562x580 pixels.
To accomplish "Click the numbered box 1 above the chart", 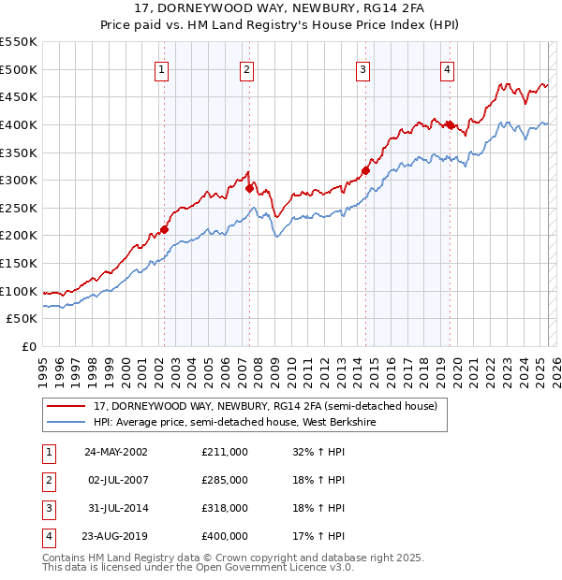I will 162,69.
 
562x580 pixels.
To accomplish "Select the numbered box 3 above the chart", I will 362,69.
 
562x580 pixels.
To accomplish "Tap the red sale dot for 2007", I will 250,188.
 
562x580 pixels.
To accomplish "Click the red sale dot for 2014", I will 366,170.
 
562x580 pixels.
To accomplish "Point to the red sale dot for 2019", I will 450,124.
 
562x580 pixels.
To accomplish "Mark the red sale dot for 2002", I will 164,229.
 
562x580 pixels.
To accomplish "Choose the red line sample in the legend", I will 66,407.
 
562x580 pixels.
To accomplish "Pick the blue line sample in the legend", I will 66,423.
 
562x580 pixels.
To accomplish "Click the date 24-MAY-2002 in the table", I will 116,452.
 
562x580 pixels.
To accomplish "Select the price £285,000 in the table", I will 225,480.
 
